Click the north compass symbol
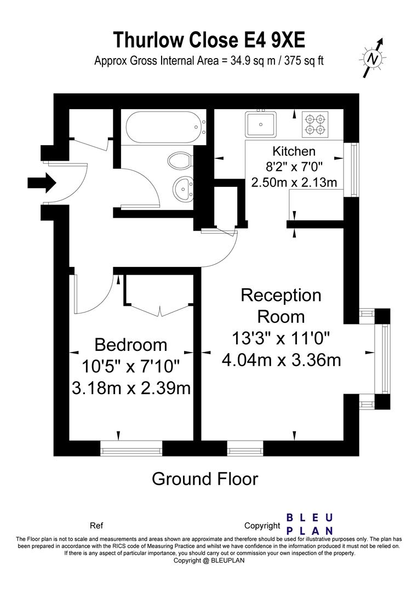pos(373,58)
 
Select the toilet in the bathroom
pos(180,161)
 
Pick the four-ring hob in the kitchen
pos(315,124)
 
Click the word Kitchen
pos(294,151)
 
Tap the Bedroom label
pos(131,345)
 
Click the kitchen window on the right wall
pos(354,169)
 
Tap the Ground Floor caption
pos(204,479)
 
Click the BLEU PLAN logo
pos(310,523)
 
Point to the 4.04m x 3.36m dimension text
pos(282,360)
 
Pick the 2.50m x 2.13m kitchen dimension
pos(294,181)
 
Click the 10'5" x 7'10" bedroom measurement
pos(131,366)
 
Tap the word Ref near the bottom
pos(96,525)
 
